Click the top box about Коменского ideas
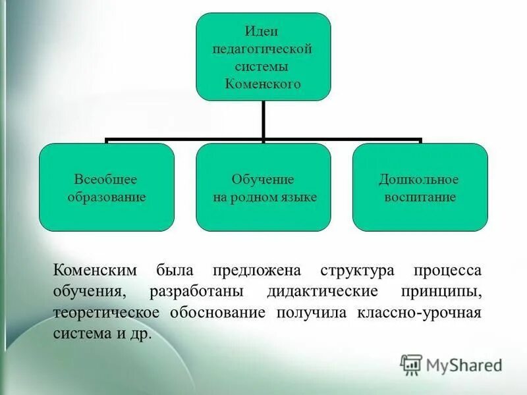pyautogui.click(x=263, y=57)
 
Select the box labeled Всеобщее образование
pyautogui.click(x=106, y=188)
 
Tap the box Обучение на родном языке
pyautogui.click(x=263, y=188)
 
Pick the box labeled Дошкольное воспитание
pyautogui.click(x=420, y=188)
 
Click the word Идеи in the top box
pyautogui.click(x=263, y=31)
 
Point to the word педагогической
pyautogui.click(x=263, y=49)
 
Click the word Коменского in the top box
pyautogui.click(x=263, y=84)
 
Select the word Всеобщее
pyautogui.click(x=106, y=179)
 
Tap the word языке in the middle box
pyautogui.click(x=301, y=197)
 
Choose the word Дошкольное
pyautogui.click(x=419, y=179)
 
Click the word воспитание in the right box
pyautogui.click(x=419, y=197)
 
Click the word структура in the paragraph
pyautogui.click(x=358, y=270)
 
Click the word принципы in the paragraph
pyautogui.click(x=449, y=291)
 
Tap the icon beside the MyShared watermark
pyautogui.click(x=411, y=364)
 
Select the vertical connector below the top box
pyautogui.click(x=263, y=120)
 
